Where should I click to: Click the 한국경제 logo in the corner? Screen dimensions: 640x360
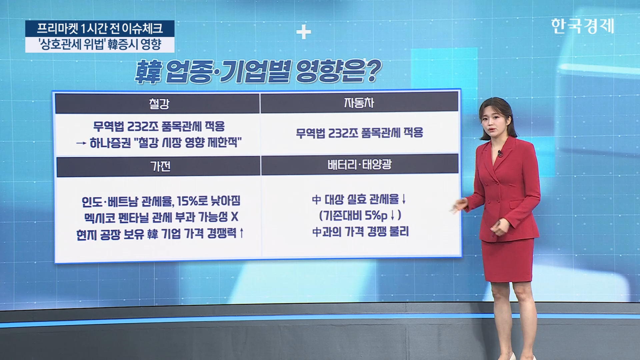[x=582, y=26]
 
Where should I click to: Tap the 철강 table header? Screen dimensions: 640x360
[x=159, y=104]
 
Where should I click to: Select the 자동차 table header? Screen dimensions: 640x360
[x=359, y=103]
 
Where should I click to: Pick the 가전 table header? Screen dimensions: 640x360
[x=160, y=166]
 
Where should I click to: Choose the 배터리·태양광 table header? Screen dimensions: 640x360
[x=359, y=165]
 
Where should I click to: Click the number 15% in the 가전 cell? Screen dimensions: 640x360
[x=188, y=201]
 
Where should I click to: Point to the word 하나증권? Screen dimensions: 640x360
[x=110, y=143]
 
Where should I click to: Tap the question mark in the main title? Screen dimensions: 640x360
[x=373, y=71]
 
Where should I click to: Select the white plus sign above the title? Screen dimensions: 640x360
[x=303, y=32]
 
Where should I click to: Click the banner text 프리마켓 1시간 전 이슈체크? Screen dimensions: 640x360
[x=99, y=28]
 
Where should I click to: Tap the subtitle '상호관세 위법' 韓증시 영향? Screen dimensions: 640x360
[x=100, y=44]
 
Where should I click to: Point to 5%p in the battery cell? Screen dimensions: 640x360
[x=376, y=216]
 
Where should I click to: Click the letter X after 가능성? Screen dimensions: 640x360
[x=234, y=217]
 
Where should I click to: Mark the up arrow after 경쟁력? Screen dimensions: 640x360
[x=242, y=233]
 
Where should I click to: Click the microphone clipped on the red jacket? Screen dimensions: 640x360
[x=500, y=154]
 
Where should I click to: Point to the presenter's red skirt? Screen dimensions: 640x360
[x=507, y=260]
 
